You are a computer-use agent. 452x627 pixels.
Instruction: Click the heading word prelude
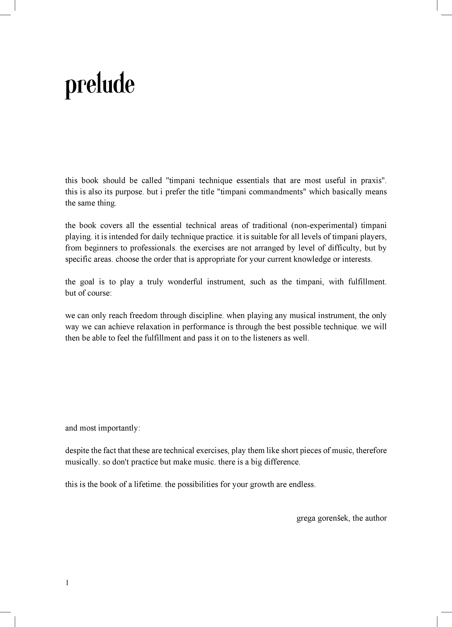[100, 85]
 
